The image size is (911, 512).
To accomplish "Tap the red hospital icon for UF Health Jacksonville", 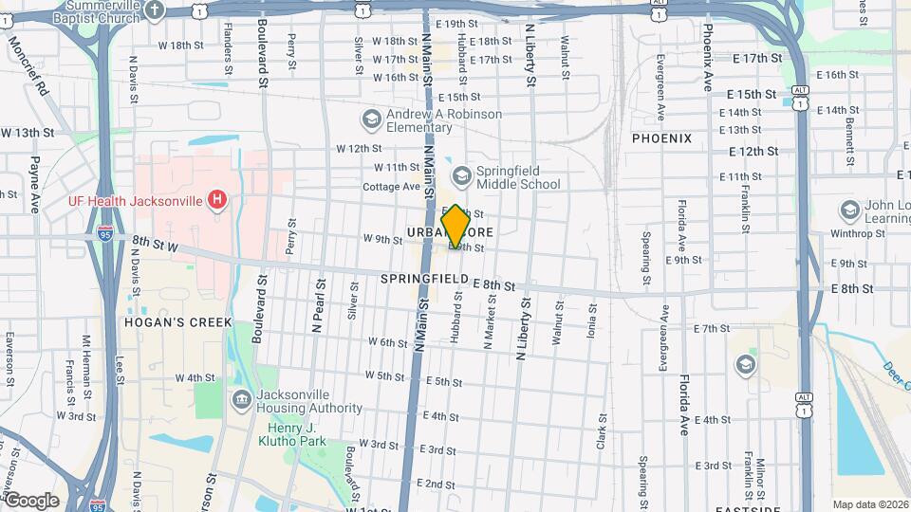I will tap(217, 200).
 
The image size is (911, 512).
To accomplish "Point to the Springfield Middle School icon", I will tap(461, 174).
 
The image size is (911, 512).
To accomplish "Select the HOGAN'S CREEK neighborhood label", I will tap(177, 322).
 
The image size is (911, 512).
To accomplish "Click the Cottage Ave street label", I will tap(391, 187).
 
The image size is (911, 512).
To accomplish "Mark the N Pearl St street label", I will tap(318, 305).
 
